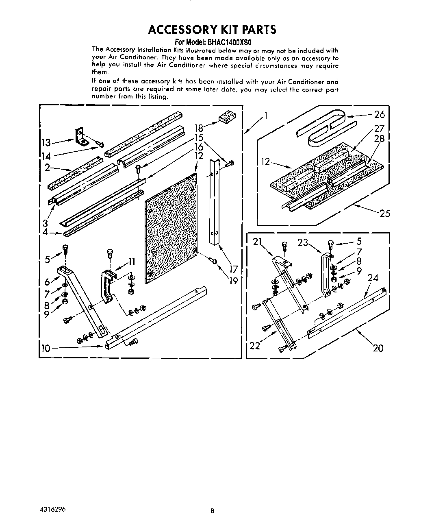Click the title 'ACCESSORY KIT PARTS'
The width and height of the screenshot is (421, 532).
(212, 30)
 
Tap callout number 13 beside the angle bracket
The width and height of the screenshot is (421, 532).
(46, 142)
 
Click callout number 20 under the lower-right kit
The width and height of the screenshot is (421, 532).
(378, 348)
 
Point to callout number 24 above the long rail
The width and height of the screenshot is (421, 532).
(373, 278)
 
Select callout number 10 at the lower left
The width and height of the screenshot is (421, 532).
(46, 348)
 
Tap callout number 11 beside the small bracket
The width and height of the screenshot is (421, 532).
(131, 262)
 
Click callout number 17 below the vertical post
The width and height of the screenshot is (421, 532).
(233, 268)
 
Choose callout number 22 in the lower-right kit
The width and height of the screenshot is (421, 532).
(254, 345)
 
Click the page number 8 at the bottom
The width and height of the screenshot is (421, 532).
(212, 512)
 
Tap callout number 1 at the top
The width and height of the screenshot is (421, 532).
(266, 116)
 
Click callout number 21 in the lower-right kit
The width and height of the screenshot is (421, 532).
(257, 242)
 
